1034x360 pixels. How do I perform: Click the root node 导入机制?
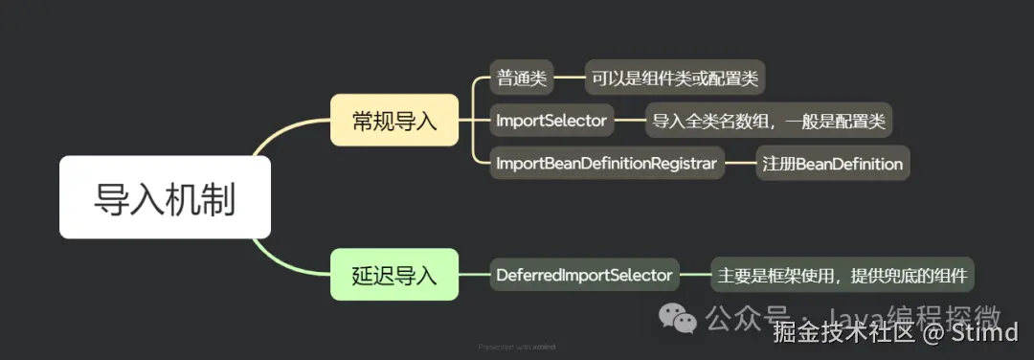coord(165,197)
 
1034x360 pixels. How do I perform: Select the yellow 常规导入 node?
coord(394,121)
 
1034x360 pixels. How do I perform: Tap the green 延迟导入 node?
coord(394,276)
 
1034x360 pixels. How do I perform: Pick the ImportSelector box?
coord(551,121)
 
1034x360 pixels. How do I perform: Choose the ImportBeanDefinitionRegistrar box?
coord(607,163)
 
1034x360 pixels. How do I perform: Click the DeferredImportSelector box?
coord(584,276)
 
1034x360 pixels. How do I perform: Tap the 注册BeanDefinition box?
coord(832,163)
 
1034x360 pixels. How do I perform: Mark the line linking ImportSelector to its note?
coord(630,121)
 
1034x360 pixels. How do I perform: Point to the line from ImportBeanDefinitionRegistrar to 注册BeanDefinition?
coord(740,163)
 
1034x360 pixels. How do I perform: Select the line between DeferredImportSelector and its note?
coord(695,276)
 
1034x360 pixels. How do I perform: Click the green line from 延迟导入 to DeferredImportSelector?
coord(474,276)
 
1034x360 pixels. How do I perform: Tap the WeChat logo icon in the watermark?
coord(683,318)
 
